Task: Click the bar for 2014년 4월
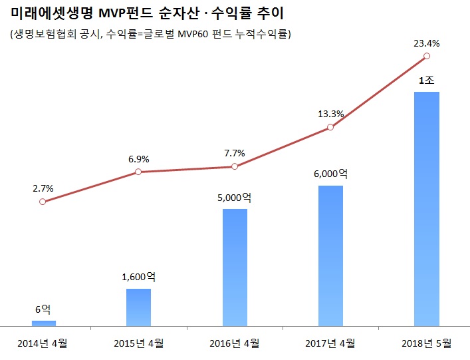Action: pyautogui.click(x=44, y=323)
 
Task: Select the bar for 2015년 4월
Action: pyautogui.click(x=139, y=307)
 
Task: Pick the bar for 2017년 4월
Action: pyautogui.click(x=330, y=256)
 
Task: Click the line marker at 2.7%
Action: pyautogui.click(x=43, y=202)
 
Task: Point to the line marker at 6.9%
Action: pyautogui.click(x=138, y=172)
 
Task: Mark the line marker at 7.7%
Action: pyautogui.click(x=234, y=166)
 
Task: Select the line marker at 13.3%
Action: pyautogui.click(x=330, y=127)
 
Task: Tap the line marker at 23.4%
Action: pyautogui.click(x=426, y=58)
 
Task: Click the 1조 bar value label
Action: pyautogui.click(x=426, y=81)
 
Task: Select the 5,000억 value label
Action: pyautogui.click(x=235, y=198)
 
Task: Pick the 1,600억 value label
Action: pyautogui.click(x=139, y=277)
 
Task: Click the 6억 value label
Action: pyautogui.click(x=43, y=309)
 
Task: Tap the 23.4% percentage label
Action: pyautogui.click(x=427, y=44)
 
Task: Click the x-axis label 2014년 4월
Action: pyautogui.click(x=43, y=343)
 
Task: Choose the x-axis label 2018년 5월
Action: pyautogui.click(x=426, y=343)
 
